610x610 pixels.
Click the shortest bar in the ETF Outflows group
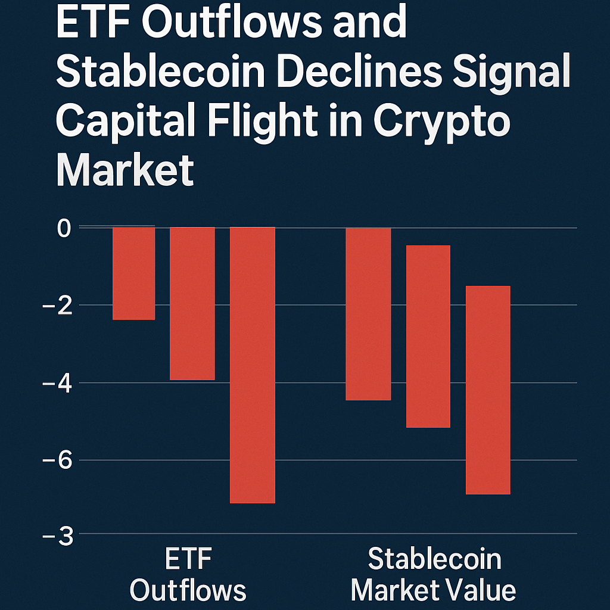(x=134, y=273)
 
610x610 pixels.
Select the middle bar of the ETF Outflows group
(x=192, y=303)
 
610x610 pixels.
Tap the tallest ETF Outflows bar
(x=253, y=365)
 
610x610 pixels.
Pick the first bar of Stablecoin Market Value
(x=369, y=314)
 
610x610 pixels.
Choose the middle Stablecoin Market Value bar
(x=428, y=336)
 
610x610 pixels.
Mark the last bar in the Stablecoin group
(x=488, y=390)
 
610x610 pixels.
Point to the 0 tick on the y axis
(x=64, y=228)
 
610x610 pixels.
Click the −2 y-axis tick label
(x=57, y=305)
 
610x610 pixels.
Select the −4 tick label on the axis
(x=57, y=382)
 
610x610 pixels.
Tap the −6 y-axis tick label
(x=57, y=460)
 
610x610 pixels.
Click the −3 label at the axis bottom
(x=57, y=536)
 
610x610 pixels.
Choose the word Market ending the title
(x=125, y=169)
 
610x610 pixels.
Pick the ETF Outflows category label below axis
(x=188, y=575)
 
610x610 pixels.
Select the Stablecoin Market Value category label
(x=433, y=575)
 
